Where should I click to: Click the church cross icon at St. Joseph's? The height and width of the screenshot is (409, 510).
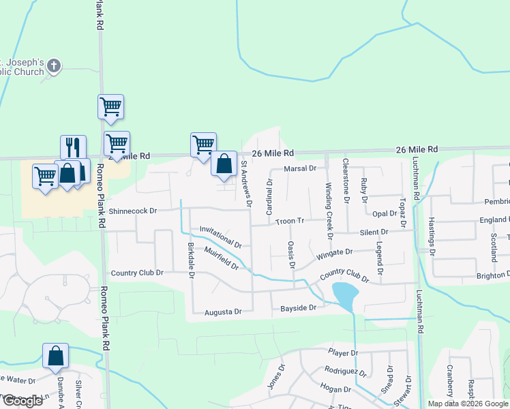coord(54,67)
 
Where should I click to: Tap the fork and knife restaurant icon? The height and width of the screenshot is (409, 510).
coord(73,147)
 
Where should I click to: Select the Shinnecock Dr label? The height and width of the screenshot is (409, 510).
coord(133,211)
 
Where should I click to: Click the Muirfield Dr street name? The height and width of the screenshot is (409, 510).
coord(221,258)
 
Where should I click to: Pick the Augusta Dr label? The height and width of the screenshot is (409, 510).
coord(223,312)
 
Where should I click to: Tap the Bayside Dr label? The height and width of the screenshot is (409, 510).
coord(299,308)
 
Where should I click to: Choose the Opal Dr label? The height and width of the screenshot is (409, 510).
coord(385,213)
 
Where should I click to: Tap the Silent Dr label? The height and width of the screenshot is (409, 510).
coord(374,232)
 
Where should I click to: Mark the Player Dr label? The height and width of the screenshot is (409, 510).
coord(342,352)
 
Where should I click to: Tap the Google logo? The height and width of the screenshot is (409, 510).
coord(22,401)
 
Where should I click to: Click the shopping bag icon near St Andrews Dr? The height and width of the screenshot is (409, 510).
coord(224,163)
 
